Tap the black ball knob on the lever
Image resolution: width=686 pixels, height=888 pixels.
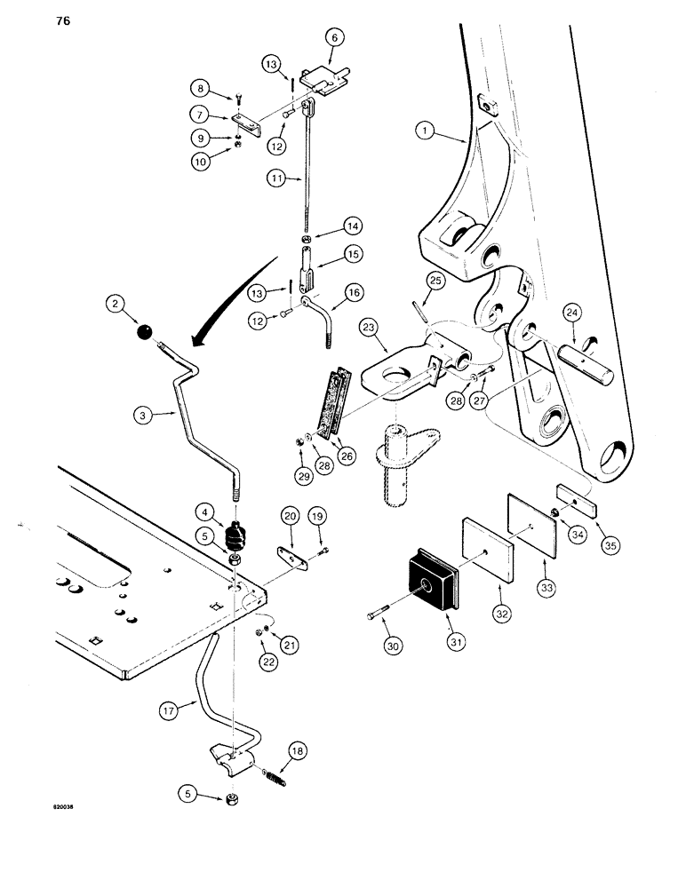(146, 333)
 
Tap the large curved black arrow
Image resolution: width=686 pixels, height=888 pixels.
(229, 294)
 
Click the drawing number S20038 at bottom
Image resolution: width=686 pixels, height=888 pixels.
(65, 809)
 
